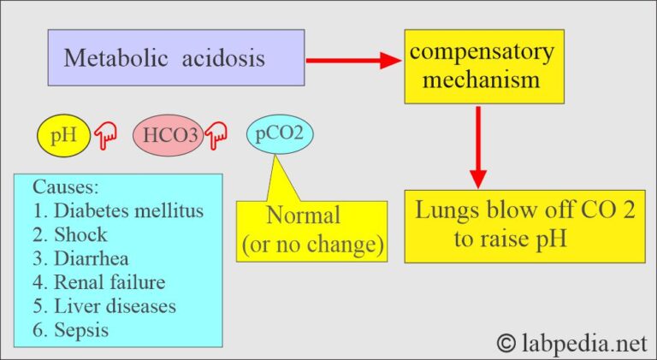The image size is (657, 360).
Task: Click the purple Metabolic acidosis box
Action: coord(175,57)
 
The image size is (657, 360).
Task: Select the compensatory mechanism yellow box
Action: coord(480,67)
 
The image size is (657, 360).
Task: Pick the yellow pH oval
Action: coord(63,135)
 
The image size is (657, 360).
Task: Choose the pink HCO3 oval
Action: coord(168,135)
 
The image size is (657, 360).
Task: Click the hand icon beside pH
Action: coord(104,135)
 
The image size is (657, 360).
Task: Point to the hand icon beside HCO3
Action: coord(216,134)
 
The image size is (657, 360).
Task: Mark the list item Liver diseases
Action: coord(106,305)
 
